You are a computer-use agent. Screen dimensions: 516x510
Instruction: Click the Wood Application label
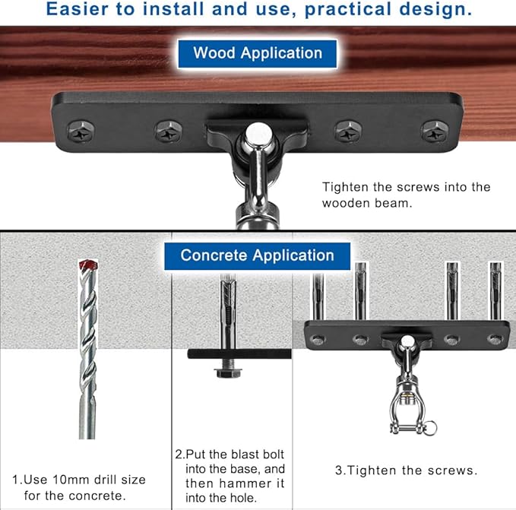coord(258,54)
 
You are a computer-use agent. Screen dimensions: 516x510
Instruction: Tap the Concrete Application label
coord(257,255)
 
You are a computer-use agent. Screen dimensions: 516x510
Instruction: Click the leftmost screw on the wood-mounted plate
coord(81,131)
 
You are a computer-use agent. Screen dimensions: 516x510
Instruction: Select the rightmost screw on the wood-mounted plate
coord(435,131)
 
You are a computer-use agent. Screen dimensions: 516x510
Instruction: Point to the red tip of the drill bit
coord(88,265)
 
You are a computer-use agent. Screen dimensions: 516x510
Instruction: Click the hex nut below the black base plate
coord(229,372)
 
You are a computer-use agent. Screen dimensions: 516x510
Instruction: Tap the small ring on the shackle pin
coord(431,428)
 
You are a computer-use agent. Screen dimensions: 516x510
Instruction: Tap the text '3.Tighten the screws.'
coord(406,470)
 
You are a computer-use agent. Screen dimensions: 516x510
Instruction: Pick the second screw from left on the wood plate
coord(169,131)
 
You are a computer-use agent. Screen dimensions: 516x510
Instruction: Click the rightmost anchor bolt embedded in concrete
coord(495,291)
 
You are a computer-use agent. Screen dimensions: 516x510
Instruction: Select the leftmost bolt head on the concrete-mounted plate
coord(318,340)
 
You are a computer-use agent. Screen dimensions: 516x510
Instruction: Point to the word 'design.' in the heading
coord(435,10)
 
